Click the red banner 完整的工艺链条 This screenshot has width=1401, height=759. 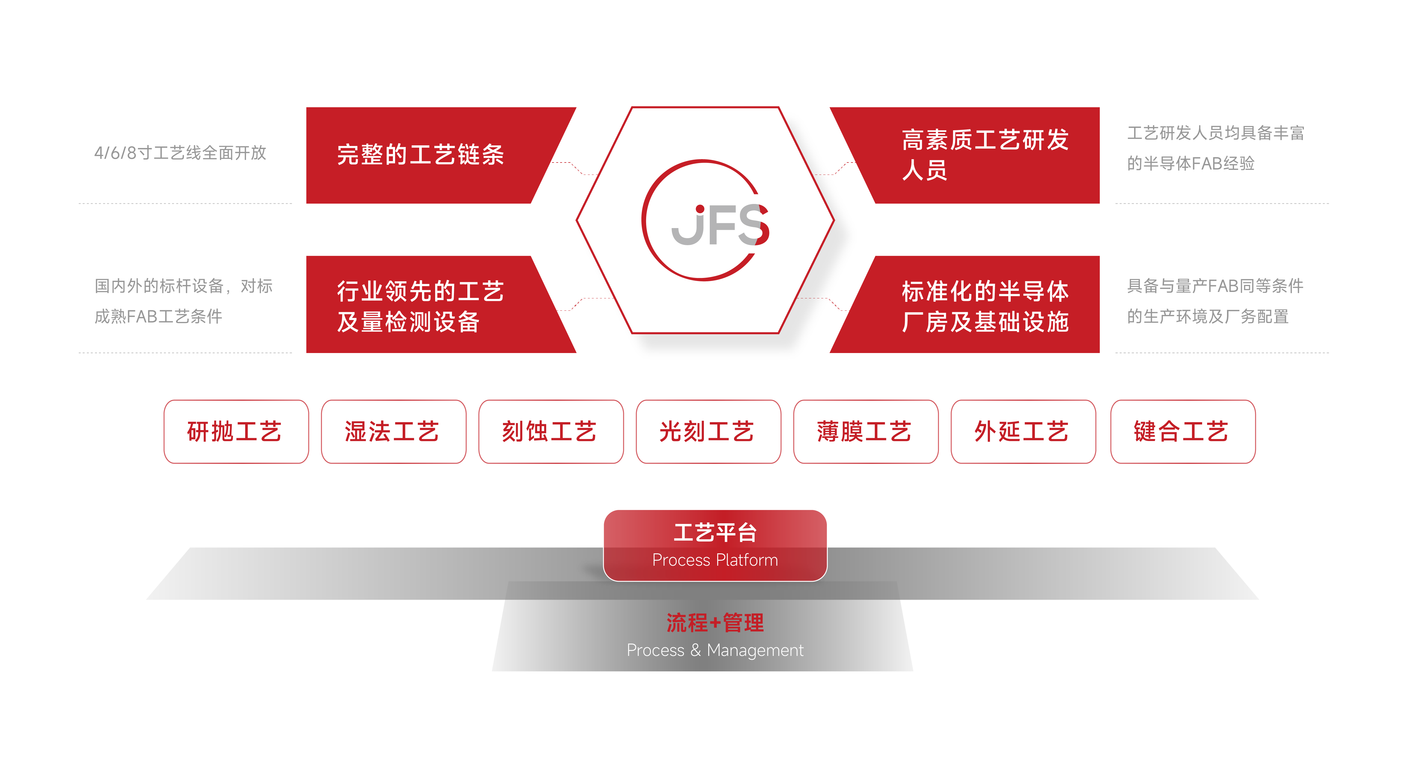435,155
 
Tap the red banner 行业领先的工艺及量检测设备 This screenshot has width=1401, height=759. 435,305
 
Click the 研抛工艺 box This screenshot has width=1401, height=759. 236,432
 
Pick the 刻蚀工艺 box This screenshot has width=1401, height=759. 551,432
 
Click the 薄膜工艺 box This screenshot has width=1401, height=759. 866,432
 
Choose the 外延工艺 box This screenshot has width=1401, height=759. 1023,432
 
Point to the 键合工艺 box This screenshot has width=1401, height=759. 1183,432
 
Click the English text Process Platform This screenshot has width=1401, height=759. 715,560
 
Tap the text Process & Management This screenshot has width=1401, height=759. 715,650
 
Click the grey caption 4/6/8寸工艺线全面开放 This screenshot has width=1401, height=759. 180,153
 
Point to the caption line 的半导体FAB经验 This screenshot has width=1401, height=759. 1191,163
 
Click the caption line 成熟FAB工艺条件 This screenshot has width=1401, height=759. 158,316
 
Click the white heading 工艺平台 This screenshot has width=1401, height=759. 715,533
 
